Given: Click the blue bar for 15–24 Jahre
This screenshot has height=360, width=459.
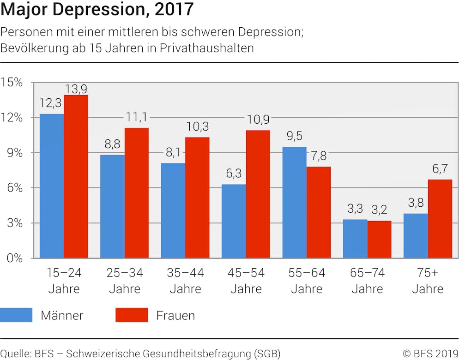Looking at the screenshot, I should [52, 186].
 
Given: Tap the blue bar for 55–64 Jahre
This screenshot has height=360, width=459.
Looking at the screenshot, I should [295, 202].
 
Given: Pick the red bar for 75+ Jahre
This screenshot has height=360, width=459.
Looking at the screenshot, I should [440, 218].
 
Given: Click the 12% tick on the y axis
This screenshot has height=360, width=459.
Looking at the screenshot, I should [12, 118].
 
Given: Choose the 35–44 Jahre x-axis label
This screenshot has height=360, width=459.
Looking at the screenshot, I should [185, 281].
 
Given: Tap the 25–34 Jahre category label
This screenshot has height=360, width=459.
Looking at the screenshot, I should [125, 281].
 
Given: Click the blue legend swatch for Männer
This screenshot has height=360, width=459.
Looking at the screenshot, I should [16, 315].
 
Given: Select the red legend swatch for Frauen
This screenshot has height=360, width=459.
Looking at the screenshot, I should [132, 315].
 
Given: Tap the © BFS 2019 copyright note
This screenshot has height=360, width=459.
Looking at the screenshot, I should [430, 354].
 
